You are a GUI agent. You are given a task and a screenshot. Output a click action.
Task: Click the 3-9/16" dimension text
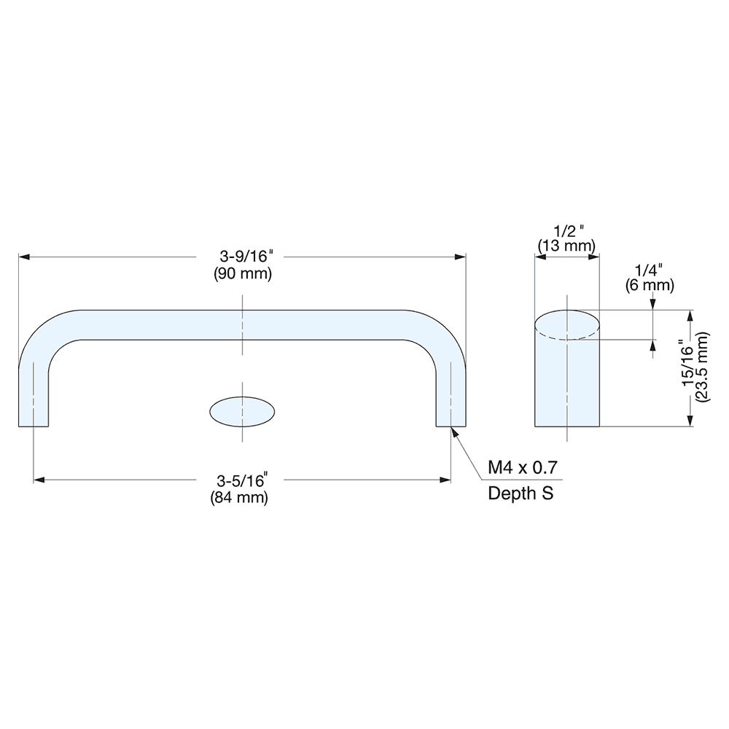(x=242, y=257)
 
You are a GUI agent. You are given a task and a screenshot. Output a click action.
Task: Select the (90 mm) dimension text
(x=242, y=274)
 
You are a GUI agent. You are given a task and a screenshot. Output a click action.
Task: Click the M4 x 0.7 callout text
(x=523, y=467)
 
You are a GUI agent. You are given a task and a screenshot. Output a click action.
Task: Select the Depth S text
(x=521, y=494)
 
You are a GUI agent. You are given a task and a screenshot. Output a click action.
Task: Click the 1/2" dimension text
(x=566, y=230)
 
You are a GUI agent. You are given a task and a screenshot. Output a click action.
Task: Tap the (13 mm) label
(x=566, y=246)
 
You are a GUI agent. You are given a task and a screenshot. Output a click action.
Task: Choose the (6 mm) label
(x=650, y=285)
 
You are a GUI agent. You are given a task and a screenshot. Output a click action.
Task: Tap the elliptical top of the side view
(x=567, y=324)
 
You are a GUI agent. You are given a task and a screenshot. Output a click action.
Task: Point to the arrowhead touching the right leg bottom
(x=455, y=432)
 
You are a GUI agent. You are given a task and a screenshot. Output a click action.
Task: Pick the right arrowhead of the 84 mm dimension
(x=445, y=480)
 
